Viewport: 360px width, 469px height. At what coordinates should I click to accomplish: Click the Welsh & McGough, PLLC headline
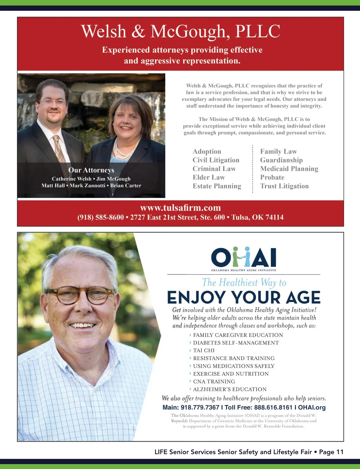point(180,31)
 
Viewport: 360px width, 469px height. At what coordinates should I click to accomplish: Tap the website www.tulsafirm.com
point(180,208)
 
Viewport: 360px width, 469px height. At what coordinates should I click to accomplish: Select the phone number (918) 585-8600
point(101,217)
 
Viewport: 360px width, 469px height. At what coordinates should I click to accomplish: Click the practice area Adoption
point(207,152)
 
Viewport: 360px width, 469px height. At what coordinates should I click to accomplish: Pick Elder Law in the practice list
point(208,177)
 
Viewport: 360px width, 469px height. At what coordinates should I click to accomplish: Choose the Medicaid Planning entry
point(289,169)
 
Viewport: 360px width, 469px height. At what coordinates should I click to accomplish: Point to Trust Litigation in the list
point(284,186)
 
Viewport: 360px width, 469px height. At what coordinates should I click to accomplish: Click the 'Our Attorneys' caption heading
point(91,170)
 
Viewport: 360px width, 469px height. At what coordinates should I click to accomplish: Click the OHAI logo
point(244,259)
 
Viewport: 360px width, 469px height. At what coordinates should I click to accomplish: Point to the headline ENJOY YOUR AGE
point(244,298)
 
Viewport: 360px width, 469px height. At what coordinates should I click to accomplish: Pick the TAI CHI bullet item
point(204,350)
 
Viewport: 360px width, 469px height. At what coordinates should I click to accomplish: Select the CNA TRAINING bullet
point(214,381)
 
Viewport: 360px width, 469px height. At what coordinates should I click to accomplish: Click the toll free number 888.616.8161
point(273,407)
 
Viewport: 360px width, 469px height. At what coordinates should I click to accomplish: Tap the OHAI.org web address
point(312,407)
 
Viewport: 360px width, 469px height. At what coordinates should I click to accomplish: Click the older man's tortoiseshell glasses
point(80,294)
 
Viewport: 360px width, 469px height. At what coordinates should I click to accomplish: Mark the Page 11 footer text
point(331,452)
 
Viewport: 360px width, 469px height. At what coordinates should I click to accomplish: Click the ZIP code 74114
point(275,217)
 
